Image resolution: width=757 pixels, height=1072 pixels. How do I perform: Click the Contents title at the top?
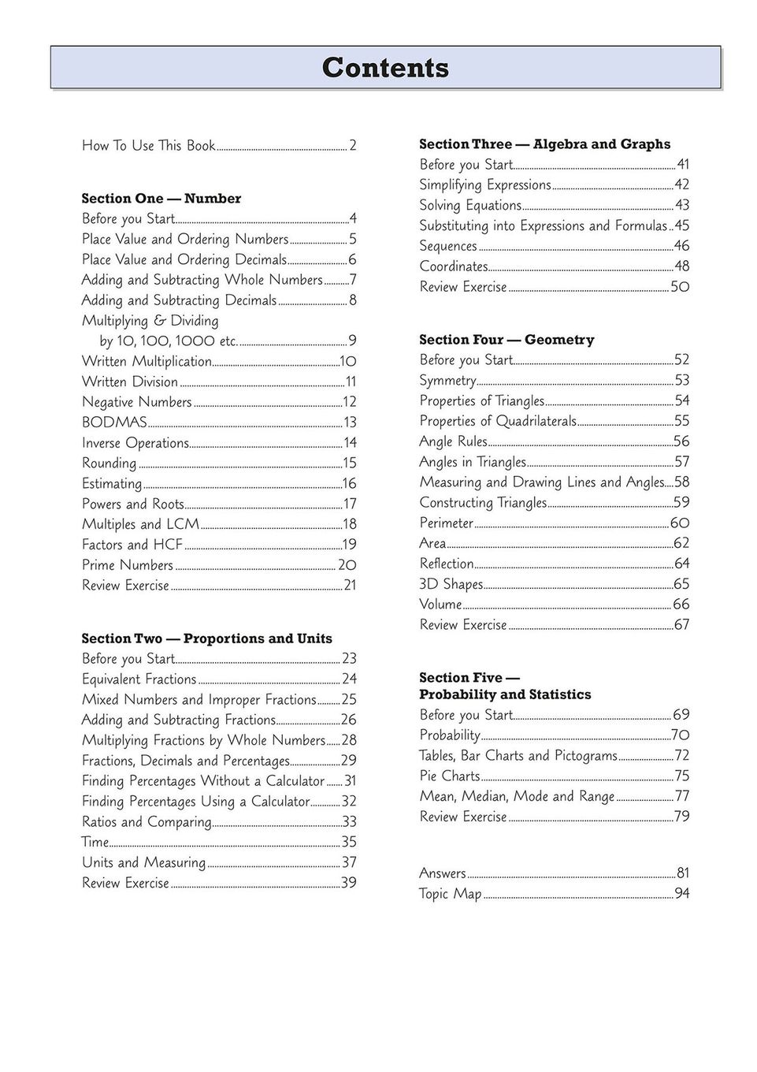[385, 68]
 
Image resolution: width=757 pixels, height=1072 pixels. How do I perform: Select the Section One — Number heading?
[161, 199]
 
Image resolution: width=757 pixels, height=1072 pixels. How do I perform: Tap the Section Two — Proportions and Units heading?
[207, 638]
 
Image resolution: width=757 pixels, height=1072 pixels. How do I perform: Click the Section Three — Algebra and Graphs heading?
[544, 144]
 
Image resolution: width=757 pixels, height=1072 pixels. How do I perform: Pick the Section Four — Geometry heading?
[507, 340]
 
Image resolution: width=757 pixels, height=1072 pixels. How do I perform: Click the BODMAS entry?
[114, 422]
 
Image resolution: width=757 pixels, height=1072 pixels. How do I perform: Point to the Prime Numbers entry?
[128, 565]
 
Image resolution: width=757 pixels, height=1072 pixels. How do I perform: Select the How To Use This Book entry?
[148, 146]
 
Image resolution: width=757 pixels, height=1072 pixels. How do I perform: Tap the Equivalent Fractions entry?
[139, 679]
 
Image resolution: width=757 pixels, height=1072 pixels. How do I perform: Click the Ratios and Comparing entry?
[147, 822]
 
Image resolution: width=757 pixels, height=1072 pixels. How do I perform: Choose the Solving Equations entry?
[470, 206]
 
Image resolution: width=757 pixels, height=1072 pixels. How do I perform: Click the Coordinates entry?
[454, 266]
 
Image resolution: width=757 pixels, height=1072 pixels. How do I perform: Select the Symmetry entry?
[447, 381]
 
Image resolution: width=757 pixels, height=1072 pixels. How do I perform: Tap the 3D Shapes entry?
[451, 584]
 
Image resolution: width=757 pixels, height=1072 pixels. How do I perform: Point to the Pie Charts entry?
[450, 776]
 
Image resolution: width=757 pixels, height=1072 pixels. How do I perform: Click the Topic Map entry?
[450, 894]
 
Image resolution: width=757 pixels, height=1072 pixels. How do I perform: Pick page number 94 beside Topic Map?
[681, 894]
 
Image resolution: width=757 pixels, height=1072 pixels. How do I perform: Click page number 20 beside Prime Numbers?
[347, 565]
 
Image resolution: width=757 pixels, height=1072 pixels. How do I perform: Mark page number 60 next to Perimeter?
[680, 523]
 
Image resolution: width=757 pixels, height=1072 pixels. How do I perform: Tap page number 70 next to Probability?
[680, 735]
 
